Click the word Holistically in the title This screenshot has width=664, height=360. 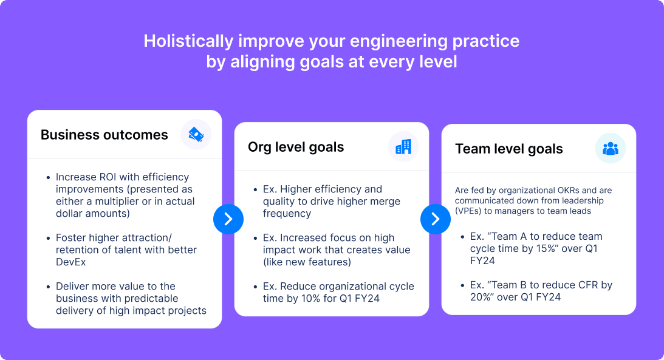pos(187,41)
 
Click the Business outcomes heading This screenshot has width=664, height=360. pos(104,135)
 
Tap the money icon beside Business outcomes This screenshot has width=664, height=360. pos(196,134)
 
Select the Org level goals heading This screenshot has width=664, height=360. pos(296,147)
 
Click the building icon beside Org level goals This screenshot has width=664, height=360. pos(403,147)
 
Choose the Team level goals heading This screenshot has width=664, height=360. pos(508,149)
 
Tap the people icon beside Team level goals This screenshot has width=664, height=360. pos(610,149)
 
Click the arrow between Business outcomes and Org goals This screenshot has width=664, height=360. pos(228,219)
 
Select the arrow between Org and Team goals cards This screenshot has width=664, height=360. pos(436,219)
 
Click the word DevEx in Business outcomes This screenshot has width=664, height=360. pos(71,262)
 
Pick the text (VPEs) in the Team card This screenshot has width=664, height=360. pos(471,210)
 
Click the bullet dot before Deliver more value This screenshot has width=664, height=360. pos(48,287)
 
